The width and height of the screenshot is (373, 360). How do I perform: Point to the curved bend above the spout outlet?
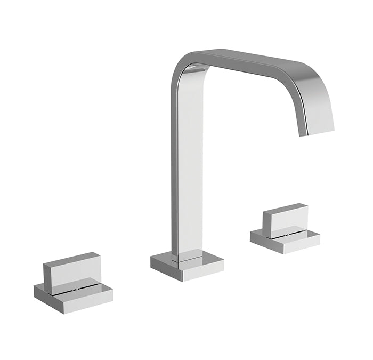(x=314, y=85)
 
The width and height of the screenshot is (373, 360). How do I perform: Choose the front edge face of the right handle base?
(x=298, y=247)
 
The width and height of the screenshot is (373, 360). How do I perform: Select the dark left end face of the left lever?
(x=47, y=278)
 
